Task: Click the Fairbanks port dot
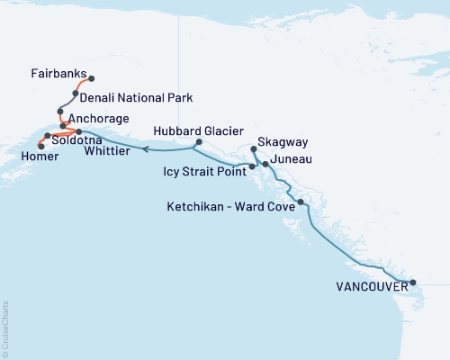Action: pyautogui.click(x=91, y=78)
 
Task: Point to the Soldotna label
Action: pyautogui.click(x=76, y=140)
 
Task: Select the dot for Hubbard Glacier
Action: pyautogui.click(x=199, y=142)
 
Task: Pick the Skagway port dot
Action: pyautogui.click(x=254, y=149)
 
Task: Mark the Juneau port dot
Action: pyautogui.click(x=265, y=164)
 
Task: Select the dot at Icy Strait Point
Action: pyautogui.click(x=252, y=166)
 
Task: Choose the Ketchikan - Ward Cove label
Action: pyautogui.click(x=230, y=206)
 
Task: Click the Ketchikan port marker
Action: pyautogui.click(x=301, y=202)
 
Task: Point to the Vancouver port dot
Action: pyautogui.click(x=413, y=283)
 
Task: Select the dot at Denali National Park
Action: pyautogui.click(x=76, y=93)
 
